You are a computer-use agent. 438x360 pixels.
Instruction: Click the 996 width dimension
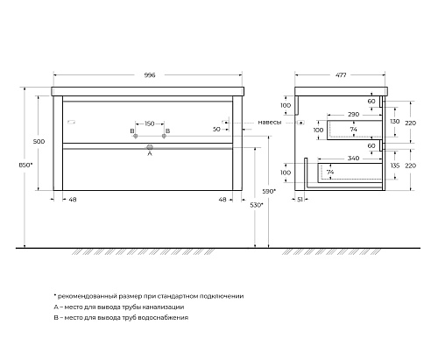150,75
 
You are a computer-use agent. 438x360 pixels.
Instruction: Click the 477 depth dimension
341,75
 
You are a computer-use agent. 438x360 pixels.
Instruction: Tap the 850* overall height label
25,165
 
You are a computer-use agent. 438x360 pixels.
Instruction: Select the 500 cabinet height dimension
39,142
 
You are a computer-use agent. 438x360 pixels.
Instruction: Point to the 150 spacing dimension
150,124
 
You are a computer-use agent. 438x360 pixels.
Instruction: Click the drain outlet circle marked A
150,147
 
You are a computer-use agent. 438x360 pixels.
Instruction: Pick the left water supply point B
135,136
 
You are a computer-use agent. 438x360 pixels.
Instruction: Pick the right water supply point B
164,136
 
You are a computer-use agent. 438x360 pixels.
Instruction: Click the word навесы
270,123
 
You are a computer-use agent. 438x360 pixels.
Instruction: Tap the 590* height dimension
269,192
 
